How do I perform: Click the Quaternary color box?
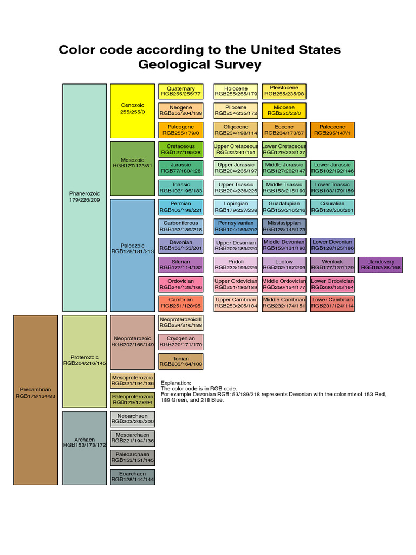[180, 91]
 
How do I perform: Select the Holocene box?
[236, 91]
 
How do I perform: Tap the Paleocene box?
[332, 130]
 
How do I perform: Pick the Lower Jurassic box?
[332, 168]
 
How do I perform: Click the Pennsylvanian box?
[236, 226]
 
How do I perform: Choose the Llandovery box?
[380, 264]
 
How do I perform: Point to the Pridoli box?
[236, 264]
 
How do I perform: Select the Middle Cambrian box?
[284, 303]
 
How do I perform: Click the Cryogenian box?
[180, 341]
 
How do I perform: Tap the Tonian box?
[180, 362]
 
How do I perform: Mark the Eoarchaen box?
[132, 477]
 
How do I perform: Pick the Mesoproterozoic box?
[132, 380]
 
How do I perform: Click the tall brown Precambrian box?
[35, 399]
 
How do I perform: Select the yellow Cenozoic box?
[132, 111]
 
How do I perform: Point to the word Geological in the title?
[177, 65]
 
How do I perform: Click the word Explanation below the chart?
[178, 383]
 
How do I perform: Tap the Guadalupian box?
[284, 207]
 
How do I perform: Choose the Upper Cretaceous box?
[236, 149]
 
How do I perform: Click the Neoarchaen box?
[132, 419]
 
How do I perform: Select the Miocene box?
[284, 111]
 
